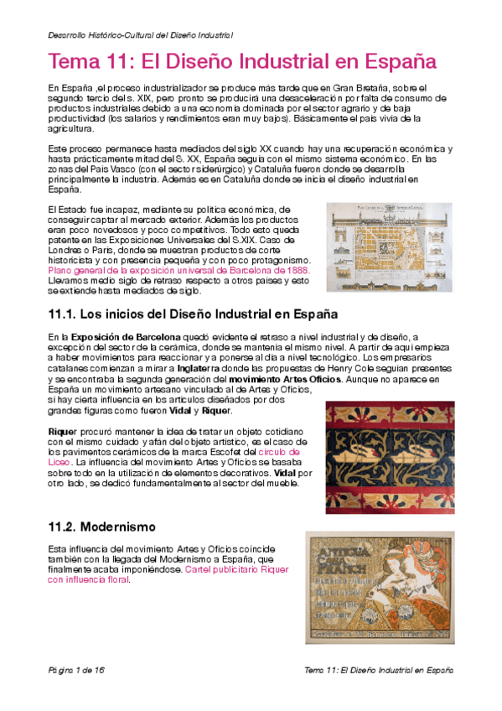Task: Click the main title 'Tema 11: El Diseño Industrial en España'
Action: pyautogui.click(x=243, y=62)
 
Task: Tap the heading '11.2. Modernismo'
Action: pyautogui.click(x=102, y=527)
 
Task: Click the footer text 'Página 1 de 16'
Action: pyautogui.click(x=76, y=672)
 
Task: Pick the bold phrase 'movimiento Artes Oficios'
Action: pyautogui.click(x=285, y=378)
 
